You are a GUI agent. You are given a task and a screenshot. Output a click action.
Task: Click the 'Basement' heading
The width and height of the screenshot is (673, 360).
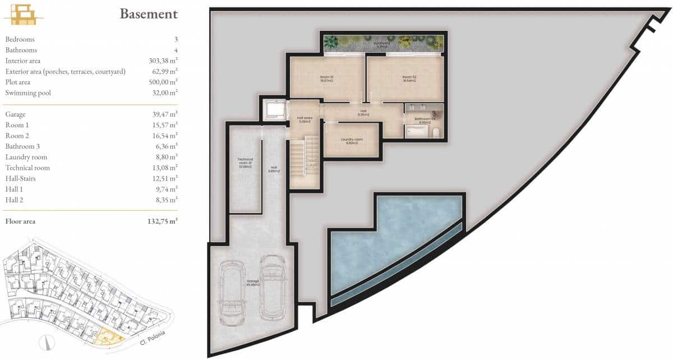(148, 13)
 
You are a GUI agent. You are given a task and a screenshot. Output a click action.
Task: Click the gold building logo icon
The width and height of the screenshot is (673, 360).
(24, 14)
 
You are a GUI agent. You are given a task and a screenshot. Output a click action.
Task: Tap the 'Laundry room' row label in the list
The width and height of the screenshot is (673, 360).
(26, 157)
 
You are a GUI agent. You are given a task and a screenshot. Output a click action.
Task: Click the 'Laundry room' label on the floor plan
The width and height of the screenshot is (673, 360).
(352, 141)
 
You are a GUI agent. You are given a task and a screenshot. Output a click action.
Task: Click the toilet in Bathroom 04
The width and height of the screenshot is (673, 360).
(435, 132)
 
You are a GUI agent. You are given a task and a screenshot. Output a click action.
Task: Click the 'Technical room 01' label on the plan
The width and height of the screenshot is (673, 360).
(245, 163)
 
